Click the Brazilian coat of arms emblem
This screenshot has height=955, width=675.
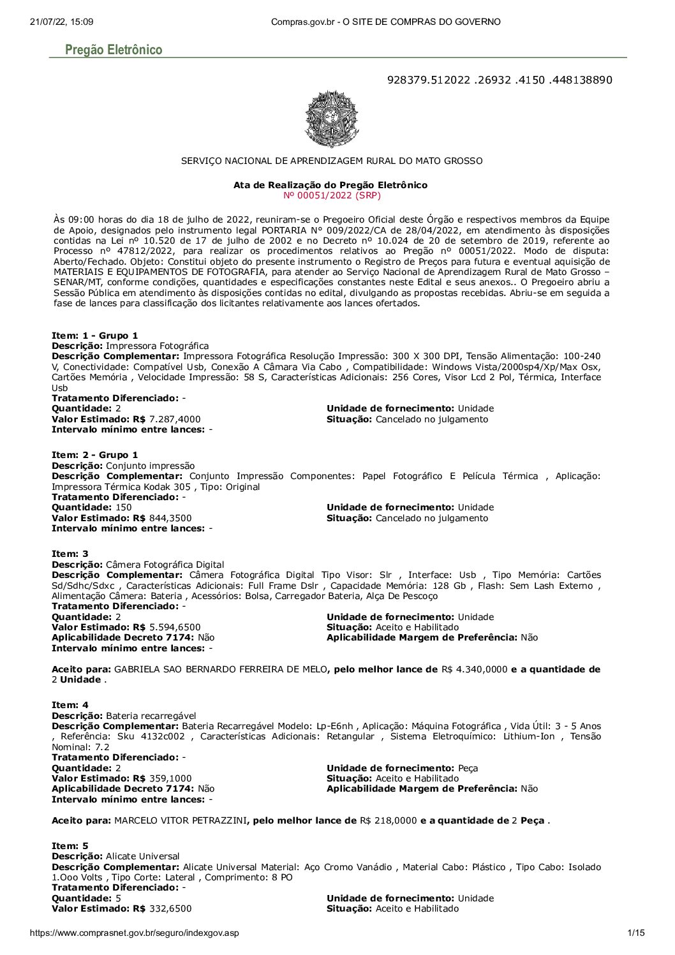[x=332, y=119]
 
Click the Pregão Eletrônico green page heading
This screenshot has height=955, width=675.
[x=114, y=50]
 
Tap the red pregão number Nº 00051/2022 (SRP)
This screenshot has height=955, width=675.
[x=332, y=195]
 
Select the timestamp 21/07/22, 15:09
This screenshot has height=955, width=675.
[x=61, y=22]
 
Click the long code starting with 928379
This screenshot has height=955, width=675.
[x=500, y=80]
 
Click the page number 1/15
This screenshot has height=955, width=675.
[x=636, y=933]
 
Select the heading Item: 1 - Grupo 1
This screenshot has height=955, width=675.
[x=94, y=336]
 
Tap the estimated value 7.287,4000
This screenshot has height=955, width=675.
[x=174, y=419]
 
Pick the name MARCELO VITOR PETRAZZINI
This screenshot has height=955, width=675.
[x=180, y=820]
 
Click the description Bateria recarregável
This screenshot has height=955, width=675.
[x=151, y=716]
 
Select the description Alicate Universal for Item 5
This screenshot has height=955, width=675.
[x=142, y=856]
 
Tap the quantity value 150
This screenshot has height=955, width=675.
[x=123, y=507]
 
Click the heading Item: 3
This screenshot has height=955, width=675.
[x=70, y=554]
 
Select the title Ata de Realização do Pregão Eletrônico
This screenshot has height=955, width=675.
[x=330, y=185]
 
